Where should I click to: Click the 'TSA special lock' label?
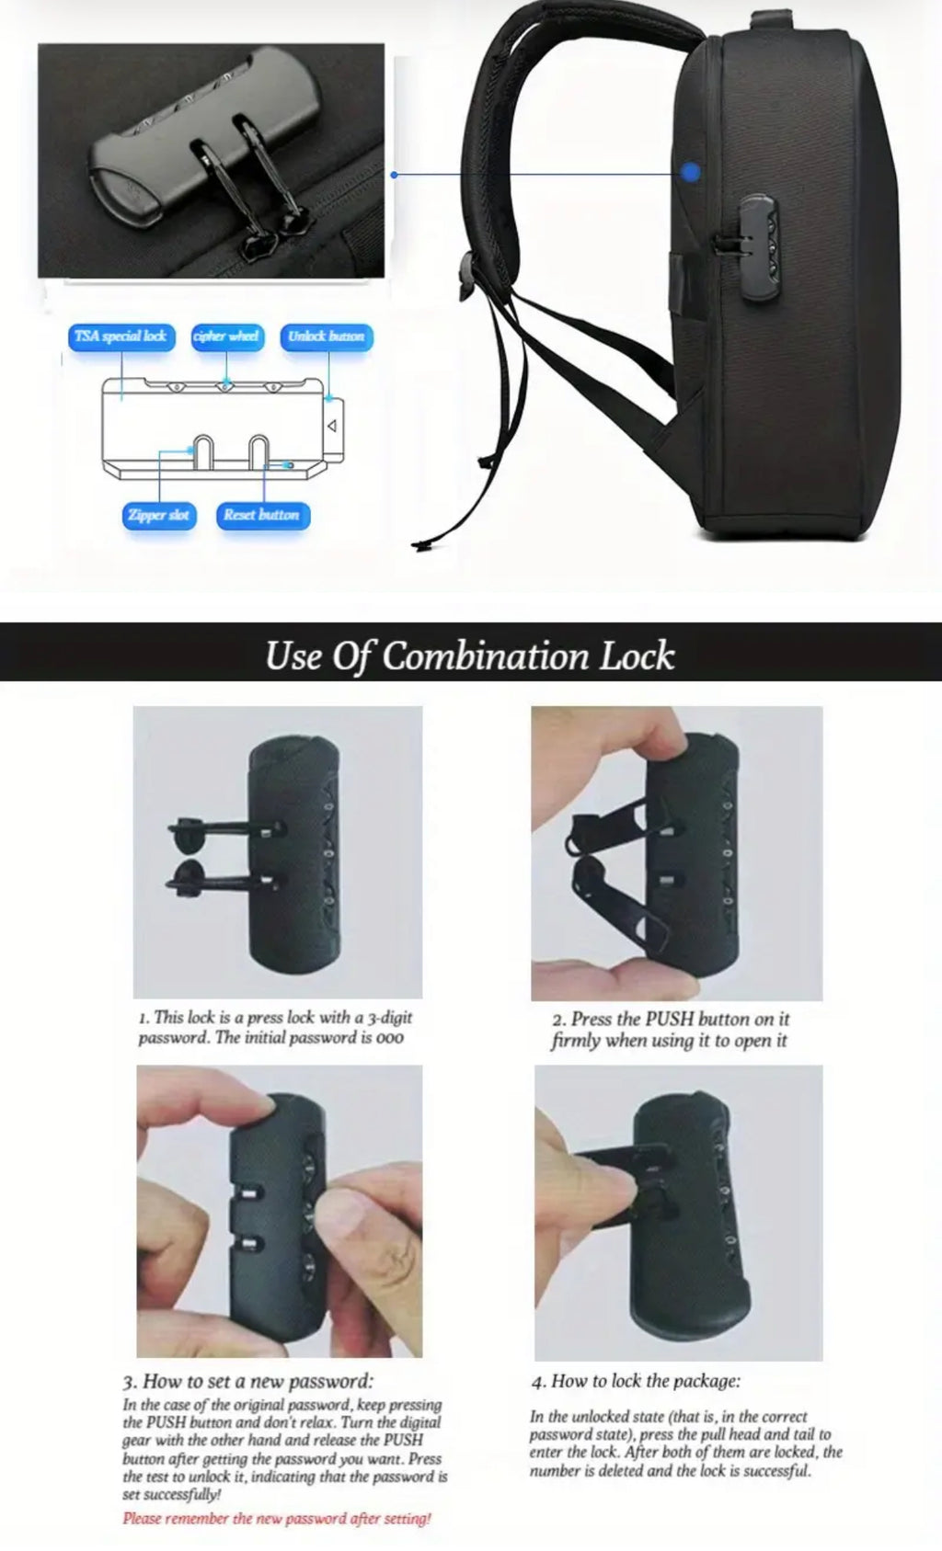121,336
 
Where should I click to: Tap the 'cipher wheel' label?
227,336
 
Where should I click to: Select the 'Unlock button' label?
327,336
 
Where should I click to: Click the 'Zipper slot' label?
158,515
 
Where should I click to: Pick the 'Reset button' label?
261,515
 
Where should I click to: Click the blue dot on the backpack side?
692,172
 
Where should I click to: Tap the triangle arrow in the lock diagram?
333,426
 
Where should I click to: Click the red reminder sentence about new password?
277,1519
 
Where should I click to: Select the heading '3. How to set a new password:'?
248,1381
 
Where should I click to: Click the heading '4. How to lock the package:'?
636,1381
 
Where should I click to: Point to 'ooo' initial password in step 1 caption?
390,1038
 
